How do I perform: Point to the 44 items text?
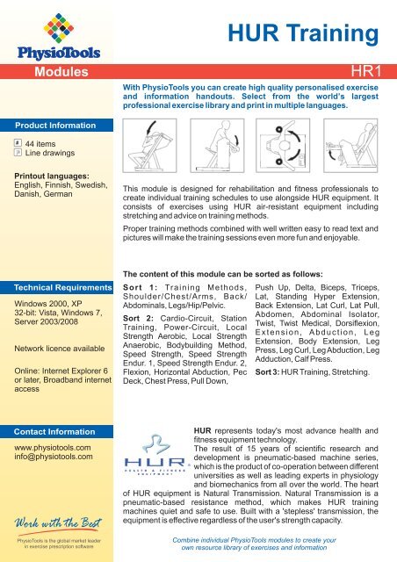pos(43,142)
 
